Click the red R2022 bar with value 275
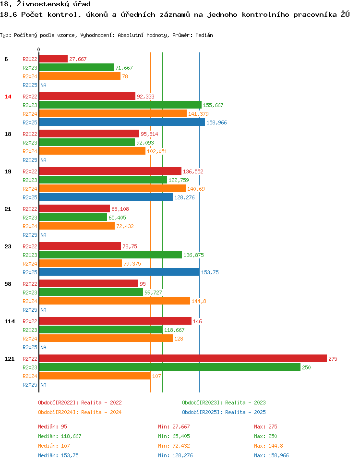pyautogui.click(x=182, y=358)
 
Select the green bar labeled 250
pyautogui.click(x=169, y=367)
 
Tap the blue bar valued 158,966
pyautogui.click(x=122, y=122)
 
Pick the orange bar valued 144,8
pyautogui.click(x=114, y=301)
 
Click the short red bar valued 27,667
pyautogui.click(x=53, y=59)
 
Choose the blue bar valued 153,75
pyautogui.click(x=119, y=272)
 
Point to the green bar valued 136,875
pyautogui.click(x=110, y=255)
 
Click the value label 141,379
pyautogui.click(x=198, y=114)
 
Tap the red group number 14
pyautogui.click(x=8, y=97)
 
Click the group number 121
pyautogui.click(x=9, y=359)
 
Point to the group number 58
pyautogui.click(x=8, y=284)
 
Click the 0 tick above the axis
pyautogui.click(x=39, y=49)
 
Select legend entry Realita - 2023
pyautogui.click(x=224, y=403)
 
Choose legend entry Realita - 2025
pyautogui.click(x=224, y=412)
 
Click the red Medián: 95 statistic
pyautogui.click(x=52, y=427)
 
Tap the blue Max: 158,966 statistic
pyautogui.click(x=271, y=455)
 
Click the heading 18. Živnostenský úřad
pyautogui.click(x=45, y=4)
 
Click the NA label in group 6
pyautogui.click(x=43, y=85)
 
